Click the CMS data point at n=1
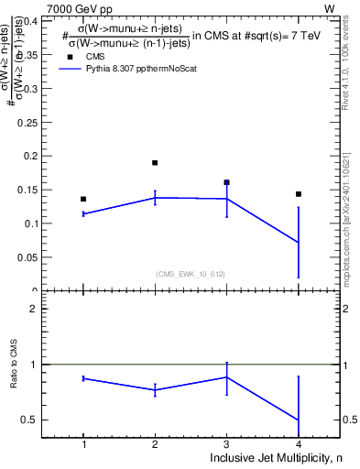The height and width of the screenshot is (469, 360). [x=83, y=199]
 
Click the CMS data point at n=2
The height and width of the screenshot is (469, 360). [x=155, y=163]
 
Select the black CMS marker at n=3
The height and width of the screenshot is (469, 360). [x=226, y=182]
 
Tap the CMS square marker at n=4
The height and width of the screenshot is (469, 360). [x=299, y=194]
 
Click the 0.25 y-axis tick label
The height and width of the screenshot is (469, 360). [x=27, y=122]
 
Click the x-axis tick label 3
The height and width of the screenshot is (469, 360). [x=226, y=444]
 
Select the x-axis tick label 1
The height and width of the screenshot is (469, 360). [x=83, y=444]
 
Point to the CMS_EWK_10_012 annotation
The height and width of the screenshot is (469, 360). [x=191, y=273]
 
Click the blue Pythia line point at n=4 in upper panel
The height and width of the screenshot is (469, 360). [x=299, y=242]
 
